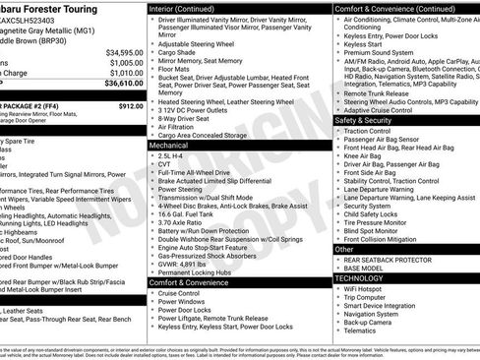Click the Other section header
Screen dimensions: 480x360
(x=345, y=250)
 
